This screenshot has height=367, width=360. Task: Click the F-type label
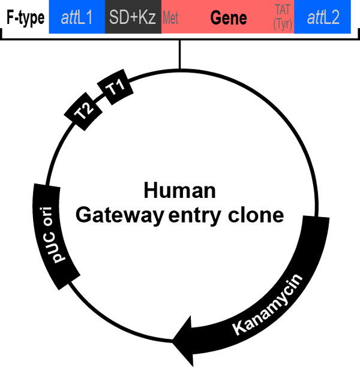25,18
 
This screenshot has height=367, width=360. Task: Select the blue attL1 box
77,17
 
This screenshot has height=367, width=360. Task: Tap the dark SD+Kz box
133,17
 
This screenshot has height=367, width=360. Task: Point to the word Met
170,18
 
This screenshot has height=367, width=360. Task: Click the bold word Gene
229,18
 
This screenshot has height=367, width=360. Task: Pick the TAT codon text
281,11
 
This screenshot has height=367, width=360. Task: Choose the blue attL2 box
323,17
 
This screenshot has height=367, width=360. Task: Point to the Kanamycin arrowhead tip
173,339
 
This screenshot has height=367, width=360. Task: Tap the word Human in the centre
179,191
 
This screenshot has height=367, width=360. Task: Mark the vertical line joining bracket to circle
179,54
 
